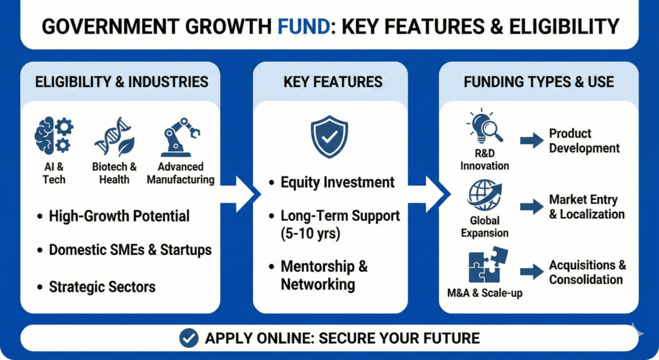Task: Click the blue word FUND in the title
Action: point(304,26)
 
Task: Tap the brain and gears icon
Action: point(54,136)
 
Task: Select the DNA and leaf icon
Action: point(115,137)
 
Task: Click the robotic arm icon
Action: point(180,137)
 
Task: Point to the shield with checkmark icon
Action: point(329,137)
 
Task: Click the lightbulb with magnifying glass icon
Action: point(485,126)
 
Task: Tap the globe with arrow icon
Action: point(485,195)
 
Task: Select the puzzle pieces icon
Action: point(488,265)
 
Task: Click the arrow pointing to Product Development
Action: point(532,140)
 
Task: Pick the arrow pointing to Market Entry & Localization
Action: point(532,207)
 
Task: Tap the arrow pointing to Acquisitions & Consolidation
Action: point(532,272)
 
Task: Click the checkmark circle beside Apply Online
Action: point(189,337)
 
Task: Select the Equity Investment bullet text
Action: point(337,182)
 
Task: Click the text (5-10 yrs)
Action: point(310,233)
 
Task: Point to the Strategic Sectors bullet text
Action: point(102,287)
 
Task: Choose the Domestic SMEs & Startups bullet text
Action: point(130,250)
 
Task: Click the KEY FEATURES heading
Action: point(333,82)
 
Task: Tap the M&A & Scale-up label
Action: point(485,293)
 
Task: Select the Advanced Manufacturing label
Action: point(180,173)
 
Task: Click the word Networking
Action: point(318,284)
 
